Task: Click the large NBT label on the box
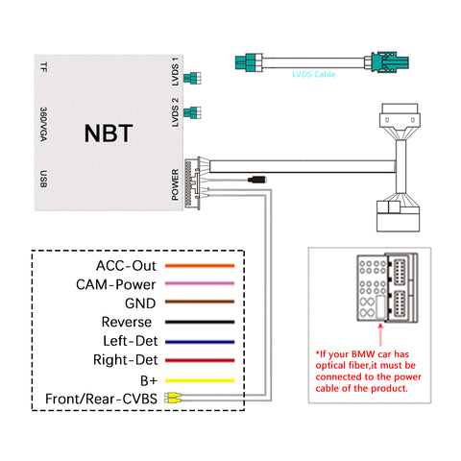point(109,133)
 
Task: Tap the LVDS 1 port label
point(175,72)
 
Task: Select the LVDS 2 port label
point(175,112)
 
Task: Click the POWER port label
point(175,184)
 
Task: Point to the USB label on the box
point(43,179)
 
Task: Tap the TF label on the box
point(43,67)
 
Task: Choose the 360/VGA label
point(43,124)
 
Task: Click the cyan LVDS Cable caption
point(313,74)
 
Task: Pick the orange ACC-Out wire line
point(200,266)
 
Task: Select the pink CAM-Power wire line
point(200,283)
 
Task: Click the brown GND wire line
point(200,302)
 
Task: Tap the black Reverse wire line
point(200,322)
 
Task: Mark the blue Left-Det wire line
point(200,342)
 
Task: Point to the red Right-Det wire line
point(200,360)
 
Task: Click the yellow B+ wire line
point(200,380)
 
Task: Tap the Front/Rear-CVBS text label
point(101,399)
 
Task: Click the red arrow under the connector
point(380,335)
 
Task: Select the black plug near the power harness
point(256,180)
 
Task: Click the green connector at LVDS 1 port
point(192,78)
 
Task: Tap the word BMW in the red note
point(363,354)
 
